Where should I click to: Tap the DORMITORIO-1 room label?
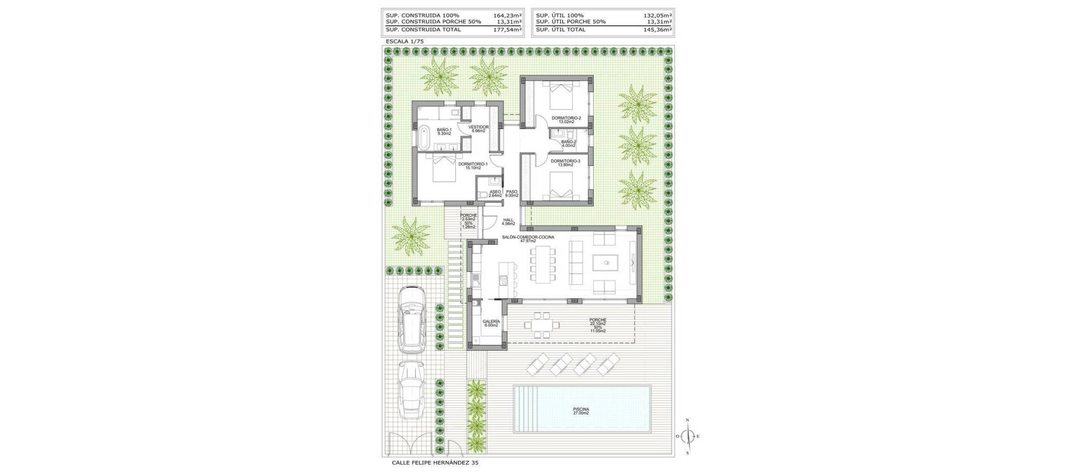pos(473,164)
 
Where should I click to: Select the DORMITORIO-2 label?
pos(566,118)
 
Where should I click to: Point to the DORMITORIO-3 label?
pos(565,161)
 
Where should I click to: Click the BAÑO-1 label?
pos(444,130)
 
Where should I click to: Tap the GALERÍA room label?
pos(491,321)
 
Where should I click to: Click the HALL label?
pos(508,220)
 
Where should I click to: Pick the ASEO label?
pos(495,192)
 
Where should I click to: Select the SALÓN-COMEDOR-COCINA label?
pos(528,238)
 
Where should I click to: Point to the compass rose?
pos(687,436)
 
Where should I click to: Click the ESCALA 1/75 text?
pos(405,41)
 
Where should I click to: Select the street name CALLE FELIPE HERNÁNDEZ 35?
pos(435,463)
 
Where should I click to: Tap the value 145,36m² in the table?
pos(657,29)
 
